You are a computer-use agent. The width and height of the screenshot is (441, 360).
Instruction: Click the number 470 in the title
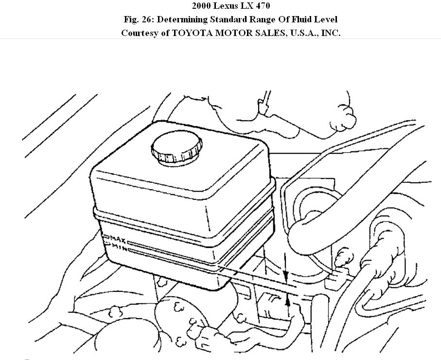pos(263,6)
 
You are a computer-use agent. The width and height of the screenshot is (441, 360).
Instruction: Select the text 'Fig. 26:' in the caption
pos(138,19)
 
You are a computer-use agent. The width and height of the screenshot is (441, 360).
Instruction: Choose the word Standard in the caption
pos(229,19)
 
